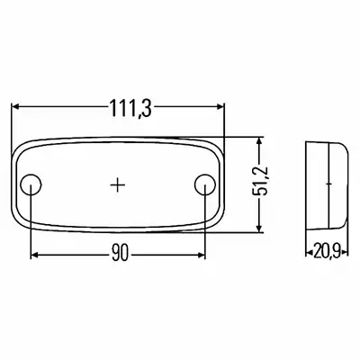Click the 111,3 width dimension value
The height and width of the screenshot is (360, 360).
coord(130,107)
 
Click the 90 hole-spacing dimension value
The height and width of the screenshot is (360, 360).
coord(120,254)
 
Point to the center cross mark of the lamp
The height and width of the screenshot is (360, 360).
coord(118,184)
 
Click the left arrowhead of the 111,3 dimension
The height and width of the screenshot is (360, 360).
coord(15,106)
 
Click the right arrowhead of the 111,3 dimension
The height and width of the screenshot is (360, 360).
coord(220,106)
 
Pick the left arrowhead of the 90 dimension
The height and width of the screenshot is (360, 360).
coord(35,256)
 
